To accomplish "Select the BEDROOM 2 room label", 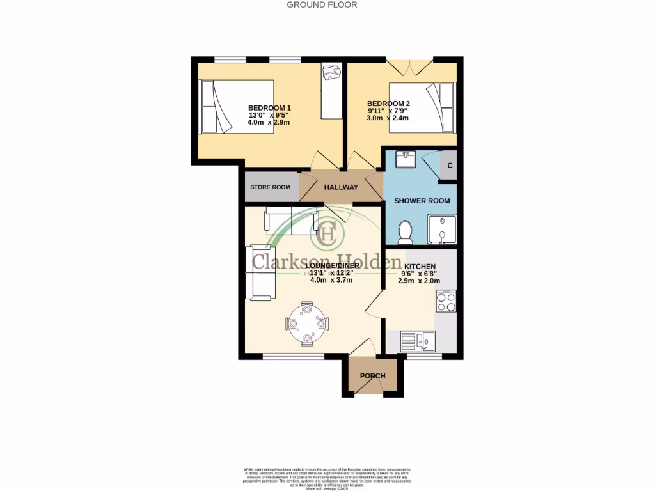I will tap(388, 104).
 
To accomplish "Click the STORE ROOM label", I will tap(270, 187).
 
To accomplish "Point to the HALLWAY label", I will tap(341, 187).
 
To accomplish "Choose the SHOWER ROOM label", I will tap(422, 201).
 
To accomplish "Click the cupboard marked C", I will tap(450, 166).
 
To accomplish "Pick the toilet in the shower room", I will tap(405, 232).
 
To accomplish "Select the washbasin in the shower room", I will tap(404, 159).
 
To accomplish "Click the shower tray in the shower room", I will tap(441, 230).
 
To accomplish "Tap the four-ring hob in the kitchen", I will tap(446, 301).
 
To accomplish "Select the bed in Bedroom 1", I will tap(237, 106).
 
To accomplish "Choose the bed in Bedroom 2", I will tap(423, 107).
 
